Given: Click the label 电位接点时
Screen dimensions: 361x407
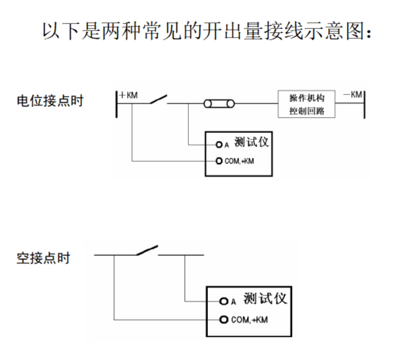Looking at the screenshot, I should (50, 101).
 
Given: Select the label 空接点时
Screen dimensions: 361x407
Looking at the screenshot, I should (43, 258).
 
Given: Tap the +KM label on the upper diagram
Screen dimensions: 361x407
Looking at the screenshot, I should (128, 96).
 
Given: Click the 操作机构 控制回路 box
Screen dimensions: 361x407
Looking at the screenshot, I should (307, 104).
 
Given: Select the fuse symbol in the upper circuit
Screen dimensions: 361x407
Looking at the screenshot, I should (219, 104).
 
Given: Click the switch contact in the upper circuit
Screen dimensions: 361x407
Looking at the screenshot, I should (159, 99).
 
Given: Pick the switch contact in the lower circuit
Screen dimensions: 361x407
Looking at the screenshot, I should (147, 250).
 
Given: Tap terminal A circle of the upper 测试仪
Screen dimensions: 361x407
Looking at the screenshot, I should (219, 145).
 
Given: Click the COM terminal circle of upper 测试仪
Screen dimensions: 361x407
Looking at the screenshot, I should (219, 161).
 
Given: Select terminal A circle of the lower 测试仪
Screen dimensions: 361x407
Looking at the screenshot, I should (223, 301).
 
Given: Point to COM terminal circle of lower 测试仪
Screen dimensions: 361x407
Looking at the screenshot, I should (223, 320).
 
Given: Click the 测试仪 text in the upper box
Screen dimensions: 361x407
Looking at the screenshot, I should (251, 142).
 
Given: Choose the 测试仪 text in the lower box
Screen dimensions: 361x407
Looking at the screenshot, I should (265, 299).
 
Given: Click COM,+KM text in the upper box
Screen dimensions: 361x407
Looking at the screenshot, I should (239, 161).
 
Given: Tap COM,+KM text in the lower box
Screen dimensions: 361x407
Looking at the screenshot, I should (249, 320).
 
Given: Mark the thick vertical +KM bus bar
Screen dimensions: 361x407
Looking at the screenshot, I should (117, 104).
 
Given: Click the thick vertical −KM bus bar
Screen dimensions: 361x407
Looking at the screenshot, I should (364, 105).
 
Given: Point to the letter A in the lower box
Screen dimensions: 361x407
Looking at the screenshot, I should (234, 302).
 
